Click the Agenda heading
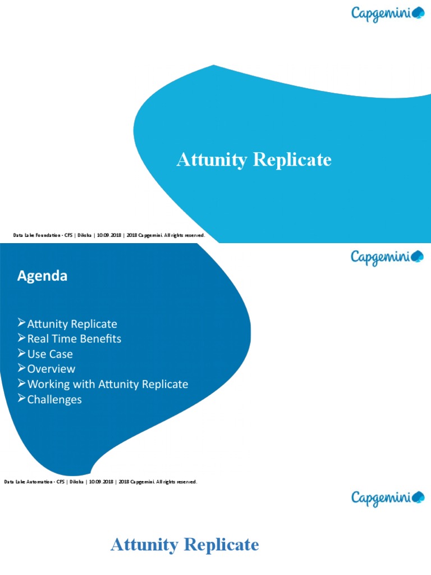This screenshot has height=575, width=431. click(42, 276)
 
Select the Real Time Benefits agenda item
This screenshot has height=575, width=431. click(74, 339)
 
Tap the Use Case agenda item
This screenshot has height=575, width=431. click(50, 354)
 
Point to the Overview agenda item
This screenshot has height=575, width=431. click(51, 369)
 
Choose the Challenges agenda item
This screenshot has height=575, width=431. click(54, 400)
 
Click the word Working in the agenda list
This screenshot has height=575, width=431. click(48, 385)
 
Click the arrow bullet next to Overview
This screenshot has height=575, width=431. click(22, 368)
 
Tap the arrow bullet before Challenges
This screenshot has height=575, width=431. click(22, 399)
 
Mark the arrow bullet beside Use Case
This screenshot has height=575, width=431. click(22, 354)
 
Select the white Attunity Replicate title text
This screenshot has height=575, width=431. click(254, 160)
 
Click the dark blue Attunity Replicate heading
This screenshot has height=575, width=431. click(185, 545)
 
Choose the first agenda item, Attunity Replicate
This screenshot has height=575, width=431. click(72, 324)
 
